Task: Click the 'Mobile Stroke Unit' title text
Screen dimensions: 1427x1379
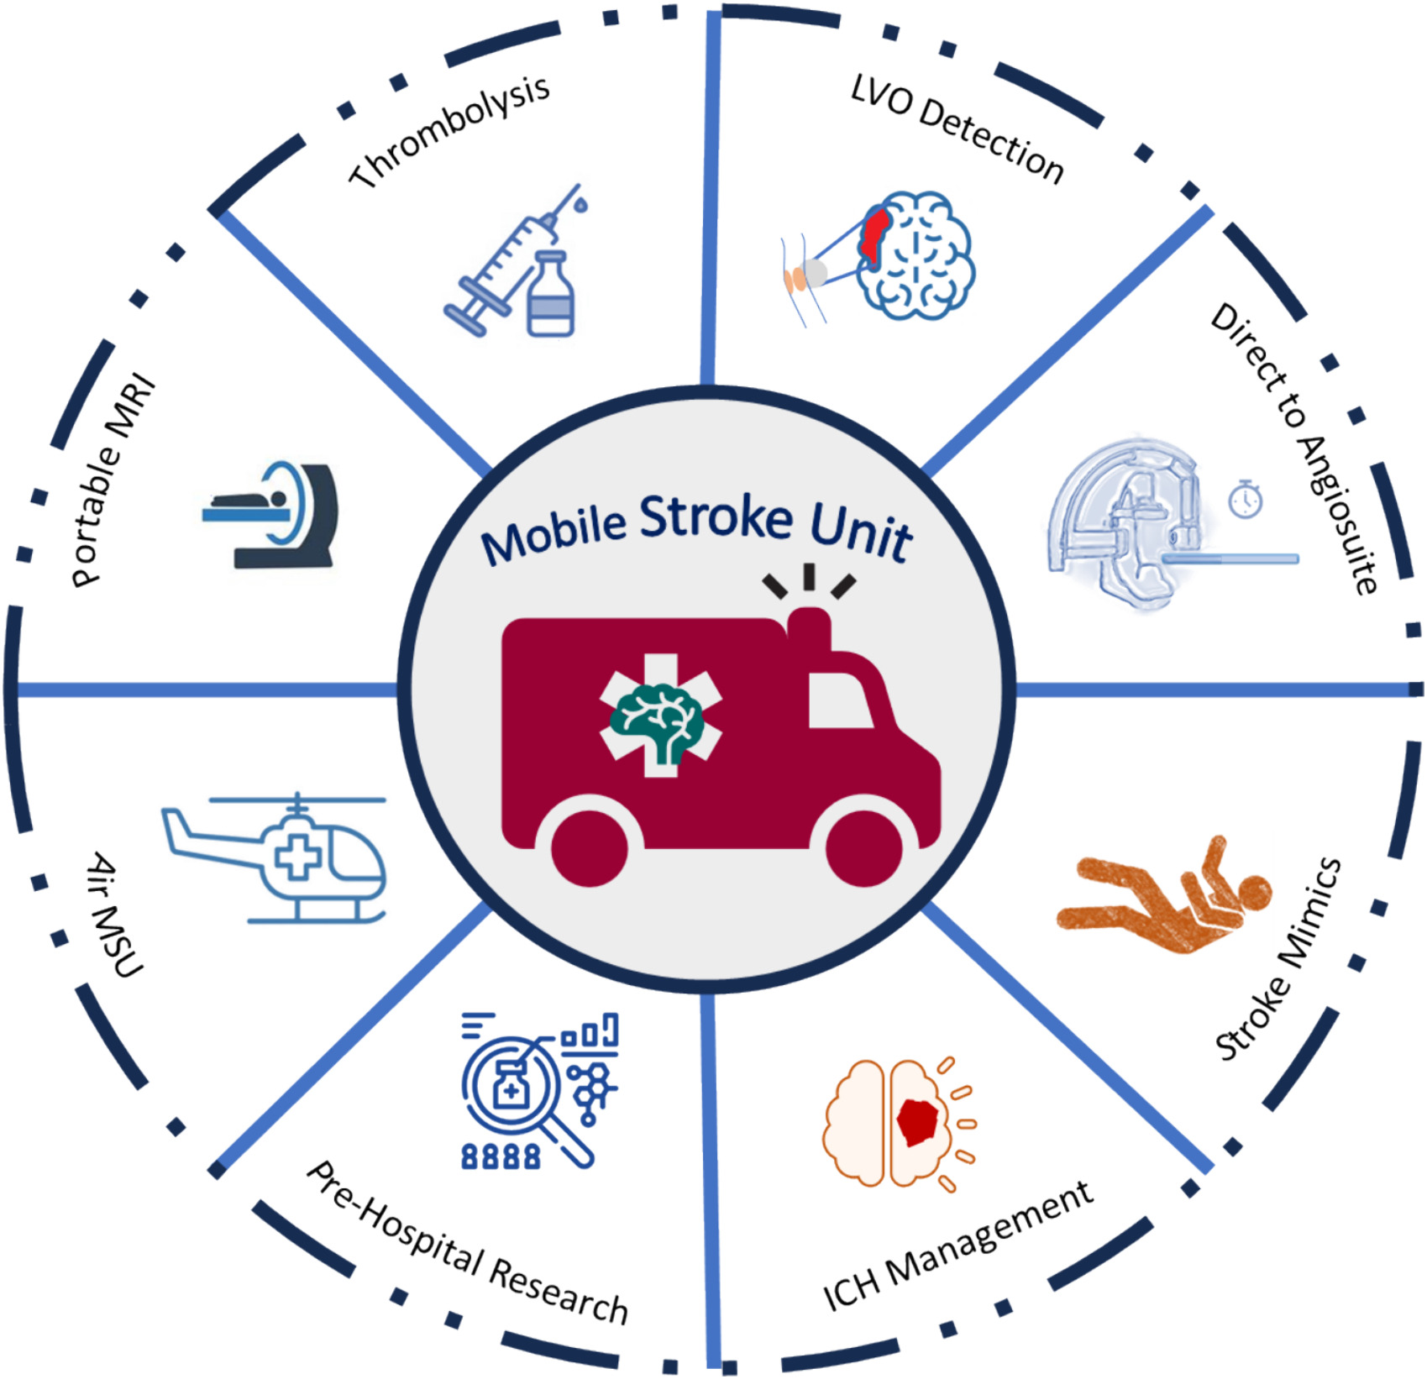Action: click(697, 527)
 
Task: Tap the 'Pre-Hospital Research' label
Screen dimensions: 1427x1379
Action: click(467, 1244)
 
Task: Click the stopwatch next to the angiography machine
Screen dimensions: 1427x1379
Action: click(1245, 499)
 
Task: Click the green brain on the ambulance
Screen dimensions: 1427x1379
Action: click(657, 721)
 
